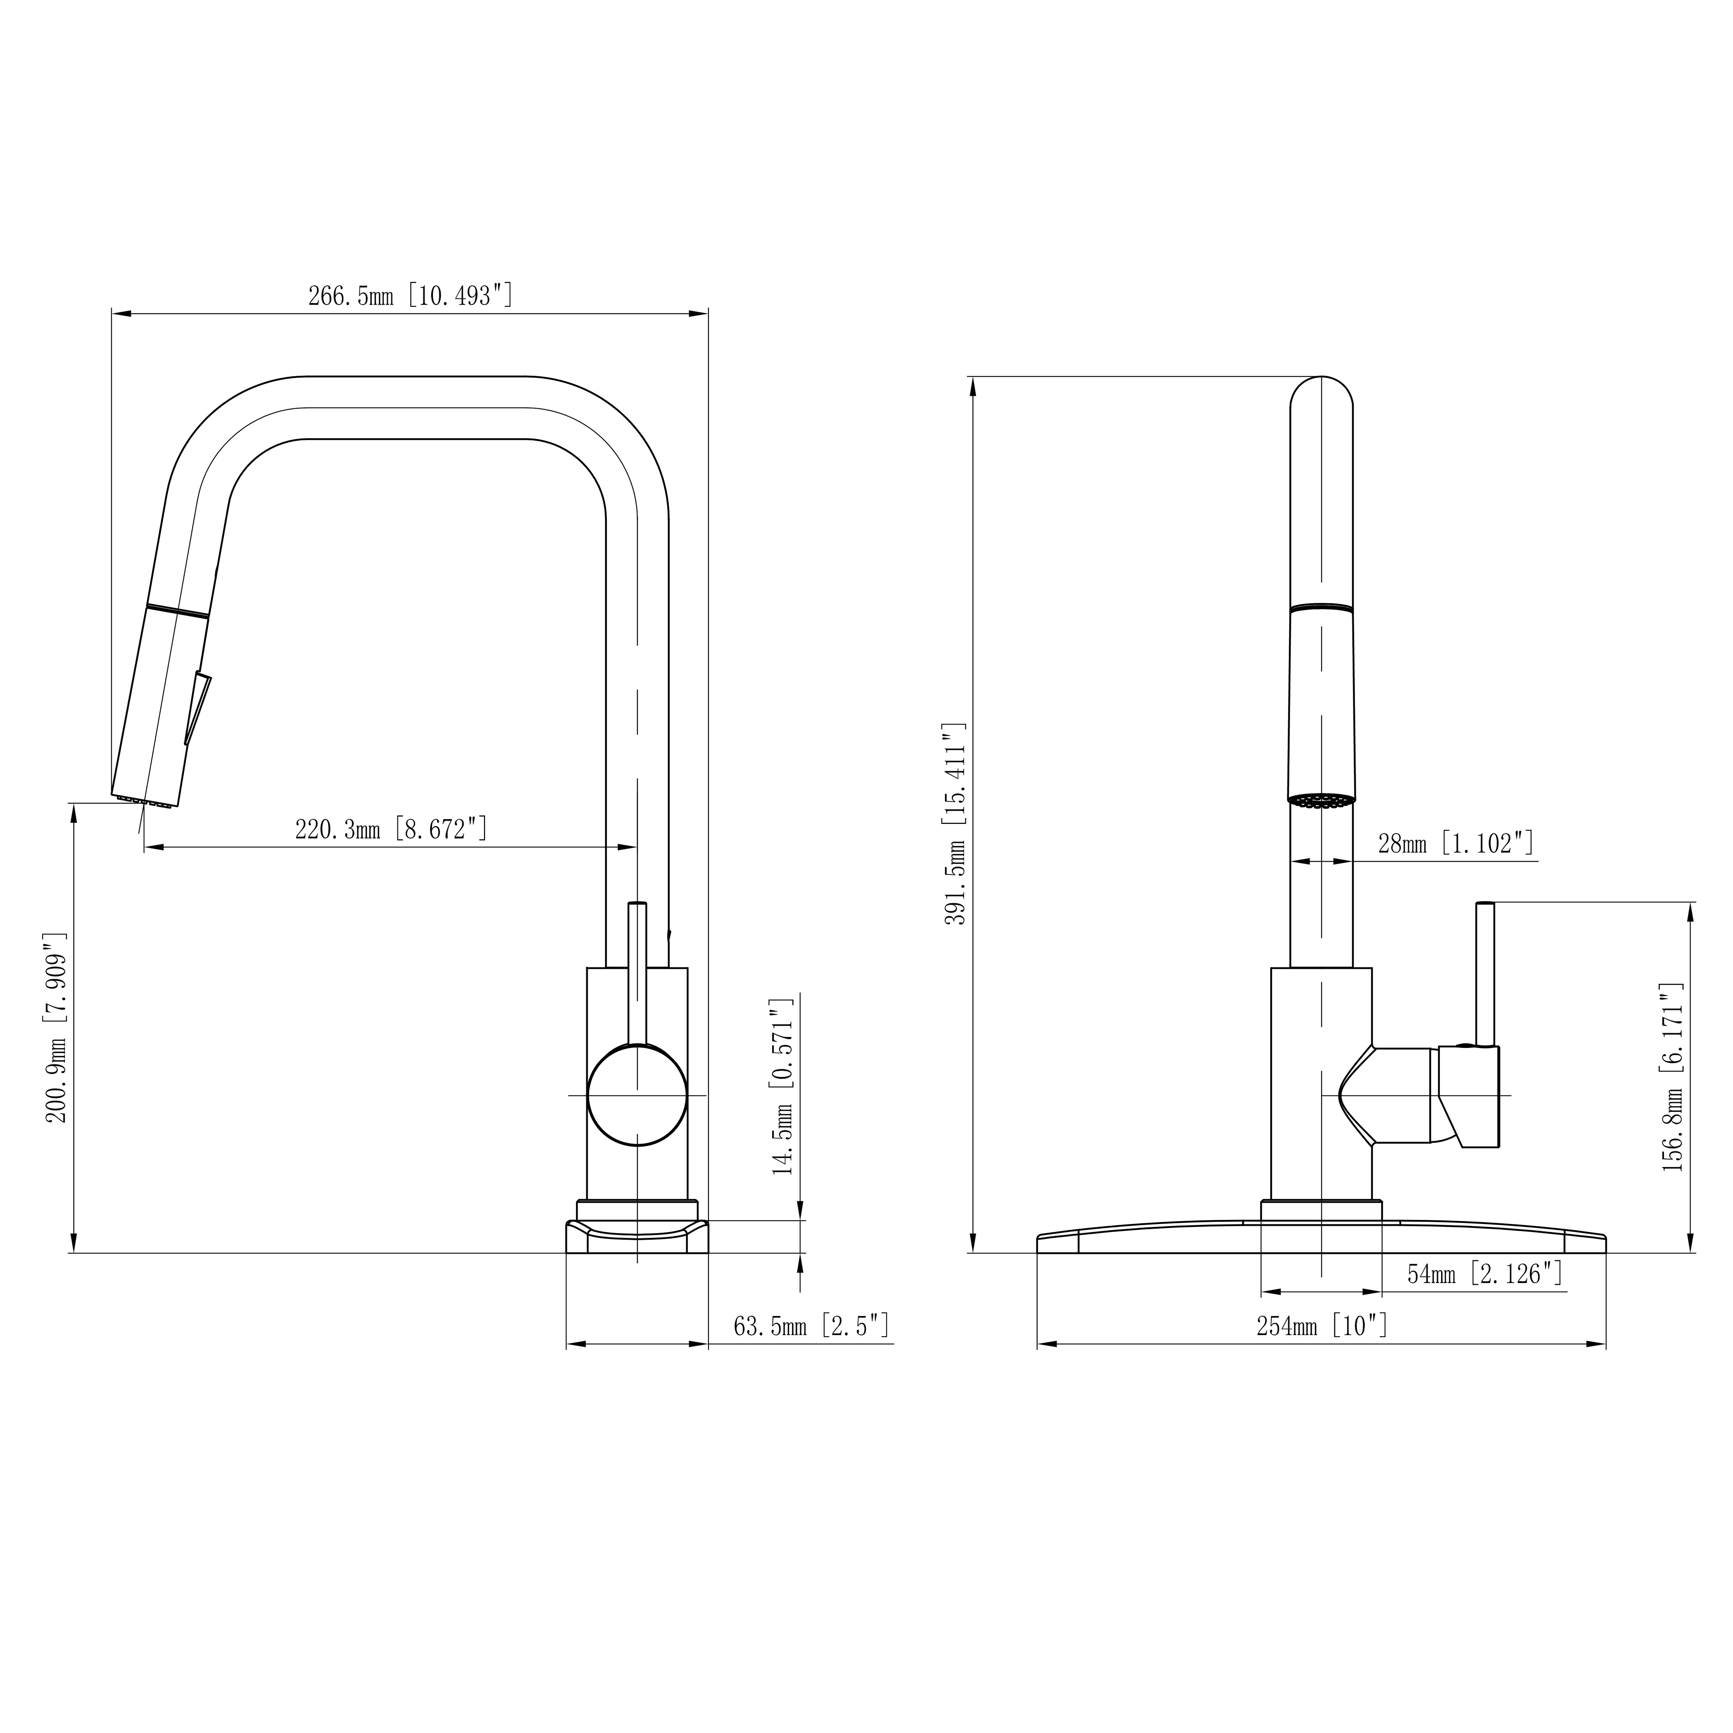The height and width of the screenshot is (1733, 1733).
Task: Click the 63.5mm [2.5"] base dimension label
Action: click(x=811, y=1326)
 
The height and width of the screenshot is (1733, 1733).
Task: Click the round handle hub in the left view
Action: click(x=637, y=1095)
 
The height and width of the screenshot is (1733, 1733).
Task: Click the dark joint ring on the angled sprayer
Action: click(x=178, y=610)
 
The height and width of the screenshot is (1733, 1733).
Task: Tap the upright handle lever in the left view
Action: click(x=637, y=973)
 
